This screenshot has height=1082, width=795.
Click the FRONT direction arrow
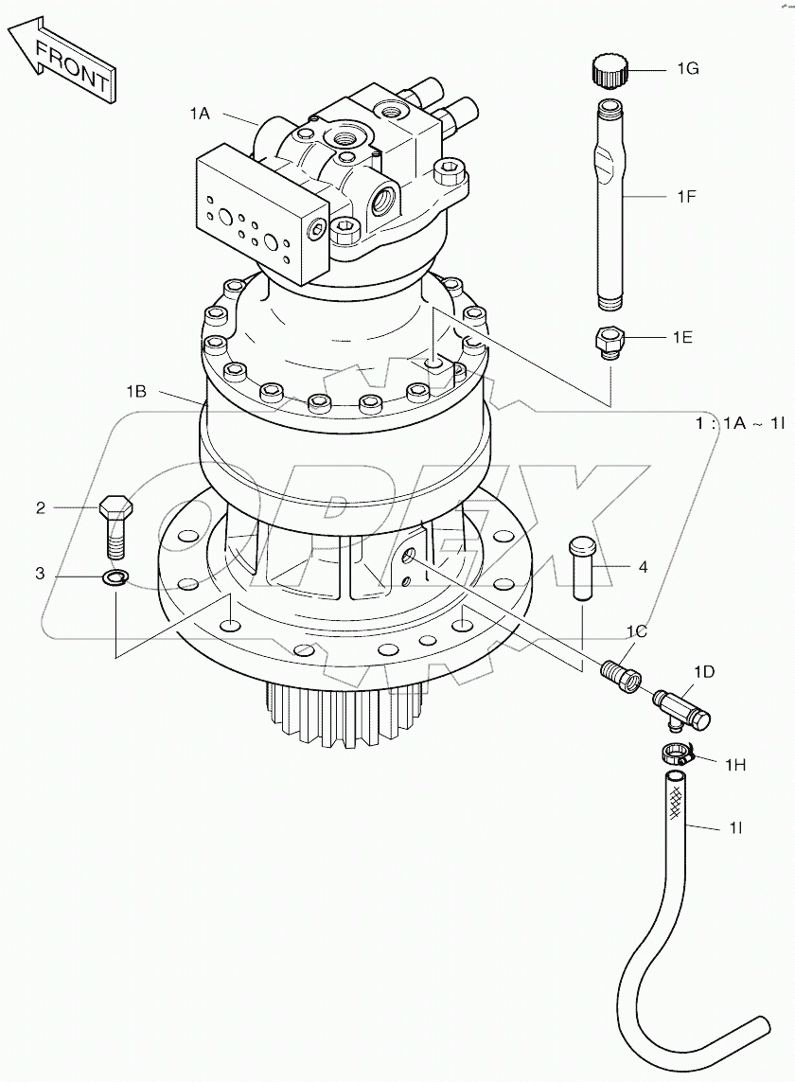point(62,61)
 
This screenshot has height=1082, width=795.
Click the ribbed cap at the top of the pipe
point(609,70)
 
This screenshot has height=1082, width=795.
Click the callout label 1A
point(199,113)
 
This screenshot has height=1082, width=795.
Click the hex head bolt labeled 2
point(114,524)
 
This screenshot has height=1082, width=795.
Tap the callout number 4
point(643,567)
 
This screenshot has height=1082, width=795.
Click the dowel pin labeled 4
point(581,566)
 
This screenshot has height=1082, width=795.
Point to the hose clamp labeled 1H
point(676,754)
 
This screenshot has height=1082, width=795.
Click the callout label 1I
point(734,828)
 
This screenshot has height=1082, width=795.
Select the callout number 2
point(41,508)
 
